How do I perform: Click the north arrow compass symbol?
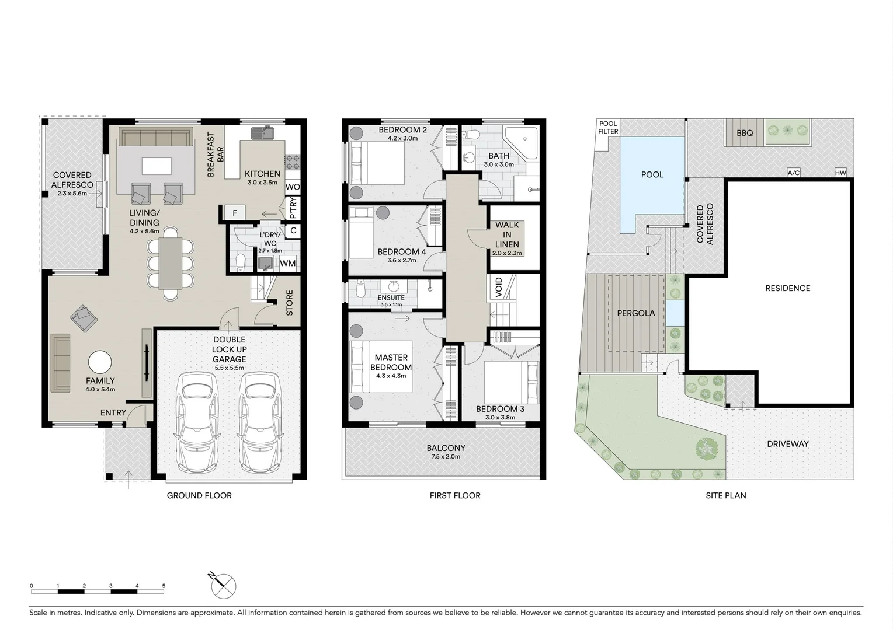pyautogui.click(x=223, y=586)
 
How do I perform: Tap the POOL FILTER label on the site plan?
pyautogui.click(x=608, y=128)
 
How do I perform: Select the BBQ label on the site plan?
pyautogui.click(x=745, y=133)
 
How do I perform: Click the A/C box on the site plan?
pyautogui.click(x=793, y=173)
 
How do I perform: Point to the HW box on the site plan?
pyautogui.click(x=840, y=173)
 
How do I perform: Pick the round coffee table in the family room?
pyautogui.click(x=100, y=362)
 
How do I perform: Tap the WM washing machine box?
pyautogui.click(x=287, y=264)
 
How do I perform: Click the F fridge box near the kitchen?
pyautogui.click(x=235, y=213)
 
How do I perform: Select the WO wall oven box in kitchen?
pyautogui.click(x=293, y=187)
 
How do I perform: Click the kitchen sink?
pyautogui.click(x=263, y=134)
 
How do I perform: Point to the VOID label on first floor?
pyautogui.click(x=499, y=287)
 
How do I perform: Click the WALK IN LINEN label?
pyautogui.click(x=507, y=235)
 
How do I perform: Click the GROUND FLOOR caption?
pyautogui.click(x=199, y=495)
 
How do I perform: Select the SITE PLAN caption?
pyautogui.click(x=725, y=495)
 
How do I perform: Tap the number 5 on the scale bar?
pyautogui.click(x=164, y=586)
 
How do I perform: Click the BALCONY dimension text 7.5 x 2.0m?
pyautogui.click(x=446, y=457)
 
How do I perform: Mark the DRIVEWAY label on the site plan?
pyautogui.click(x=787, y=444)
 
